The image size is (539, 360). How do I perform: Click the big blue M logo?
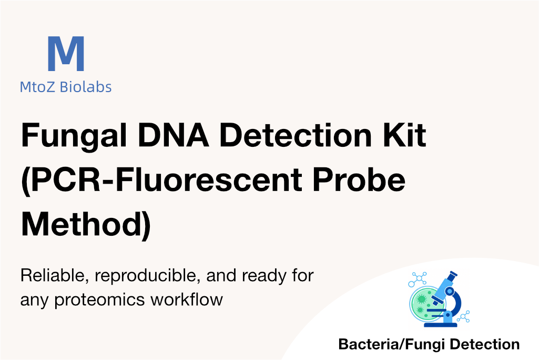point(66,54)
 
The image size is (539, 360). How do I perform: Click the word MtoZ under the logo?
point(37,87)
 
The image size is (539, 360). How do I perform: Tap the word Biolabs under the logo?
point(86,87)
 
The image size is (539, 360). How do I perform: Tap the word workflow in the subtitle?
point(187,299)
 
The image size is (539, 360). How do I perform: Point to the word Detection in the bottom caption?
point(485,344)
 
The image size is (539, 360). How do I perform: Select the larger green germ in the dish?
point(421,299)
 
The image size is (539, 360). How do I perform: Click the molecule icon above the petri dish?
point(418,279)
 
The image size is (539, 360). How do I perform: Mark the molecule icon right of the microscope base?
point(463,316)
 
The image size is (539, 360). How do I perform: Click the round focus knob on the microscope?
point(449,292)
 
